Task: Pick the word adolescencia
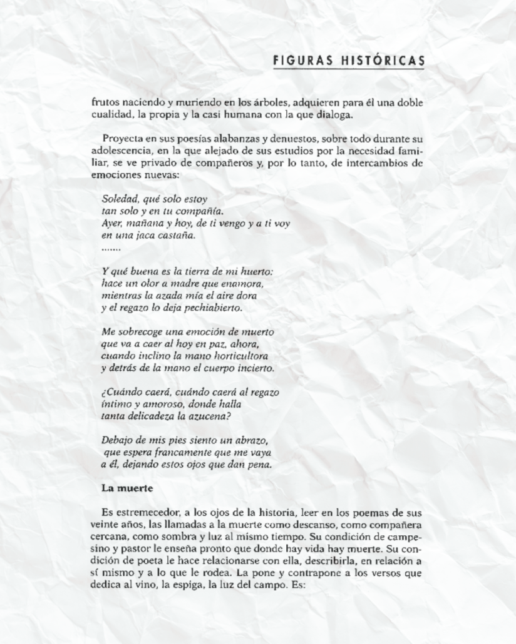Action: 120,151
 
